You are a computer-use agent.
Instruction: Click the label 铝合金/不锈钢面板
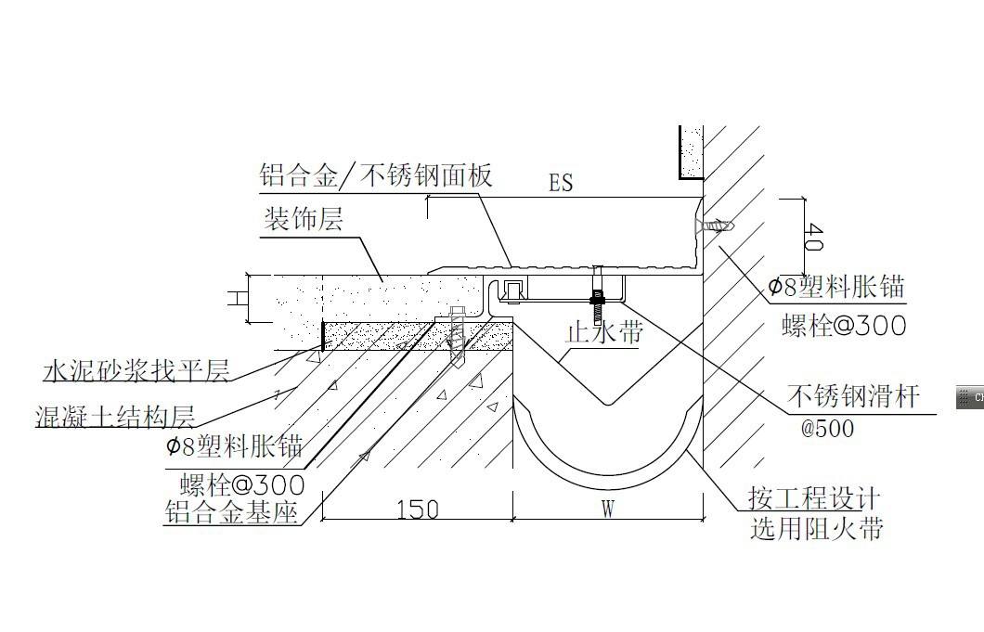tap(375, 174)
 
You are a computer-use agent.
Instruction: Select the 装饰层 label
tap(304, 220)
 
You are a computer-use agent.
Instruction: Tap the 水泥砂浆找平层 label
tap(136, 372)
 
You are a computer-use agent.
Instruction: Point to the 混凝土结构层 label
tap(115, 415)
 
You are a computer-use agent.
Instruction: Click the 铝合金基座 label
tap(231, 511)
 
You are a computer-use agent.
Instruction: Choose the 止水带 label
tap(604, 331)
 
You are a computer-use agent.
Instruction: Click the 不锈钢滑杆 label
tap(853, 396)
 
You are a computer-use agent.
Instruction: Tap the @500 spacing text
tap(827, 429)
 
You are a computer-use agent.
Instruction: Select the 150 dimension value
tap(418, 509)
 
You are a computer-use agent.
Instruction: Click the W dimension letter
tap(607, 509)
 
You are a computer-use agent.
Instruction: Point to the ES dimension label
tap(561, 183)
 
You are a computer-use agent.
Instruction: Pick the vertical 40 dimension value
tap(812, 236)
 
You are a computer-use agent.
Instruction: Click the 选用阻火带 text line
tap(816, 530)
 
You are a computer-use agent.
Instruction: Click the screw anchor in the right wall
tap(716, 226)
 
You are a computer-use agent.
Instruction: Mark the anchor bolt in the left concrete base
tap(455, 336)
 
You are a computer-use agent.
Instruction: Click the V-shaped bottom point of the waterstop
tap(606, 404)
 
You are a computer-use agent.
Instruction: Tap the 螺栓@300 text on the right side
tap(844, 326)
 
